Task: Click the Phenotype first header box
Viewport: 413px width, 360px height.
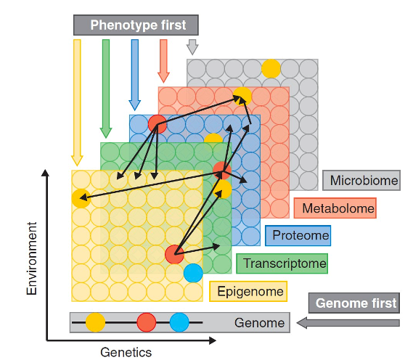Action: pos(136,25)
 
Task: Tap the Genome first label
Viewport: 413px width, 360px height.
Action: pos(354,303)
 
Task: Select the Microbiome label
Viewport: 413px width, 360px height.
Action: pos(361,181)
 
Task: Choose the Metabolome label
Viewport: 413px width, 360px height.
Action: pos(335,208)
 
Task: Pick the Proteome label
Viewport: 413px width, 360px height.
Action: pos(298,235)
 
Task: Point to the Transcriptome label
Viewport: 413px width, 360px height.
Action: pos(282,263)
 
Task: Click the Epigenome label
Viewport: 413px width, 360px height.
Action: pos(248,291)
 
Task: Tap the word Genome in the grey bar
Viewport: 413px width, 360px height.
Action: pos(259,322)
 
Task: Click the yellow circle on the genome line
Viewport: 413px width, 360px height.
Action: pos(95,322)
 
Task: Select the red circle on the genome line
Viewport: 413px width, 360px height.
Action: pos(147,322)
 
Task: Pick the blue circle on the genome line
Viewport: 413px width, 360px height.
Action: pos(179,322)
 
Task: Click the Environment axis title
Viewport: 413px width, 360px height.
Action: pos(32,258)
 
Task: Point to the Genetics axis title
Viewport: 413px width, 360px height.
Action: pos(126,352)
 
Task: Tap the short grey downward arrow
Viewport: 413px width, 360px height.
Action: pos(192,47)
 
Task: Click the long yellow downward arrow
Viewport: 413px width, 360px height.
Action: pos(77,103)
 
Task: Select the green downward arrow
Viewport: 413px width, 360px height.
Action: pos(106,89)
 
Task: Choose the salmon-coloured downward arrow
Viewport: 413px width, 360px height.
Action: pos(163,61)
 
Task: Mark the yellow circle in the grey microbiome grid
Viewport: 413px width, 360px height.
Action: pos(271,68)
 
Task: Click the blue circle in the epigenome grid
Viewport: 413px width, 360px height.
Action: pos(193,273)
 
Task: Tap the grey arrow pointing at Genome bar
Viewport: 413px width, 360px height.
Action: pos(348,323)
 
